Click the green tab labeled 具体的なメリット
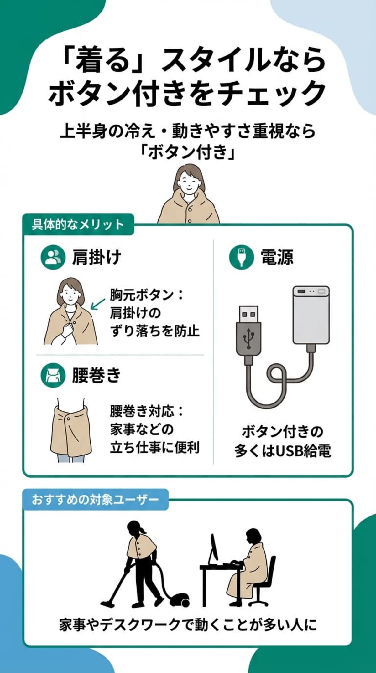point(78,225)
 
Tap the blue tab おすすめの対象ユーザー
point(95,499)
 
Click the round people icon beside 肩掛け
point(53,257)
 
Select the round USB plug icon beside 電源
point(241,257)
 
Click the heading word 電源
point(277,257)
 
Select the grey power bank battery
point(311,315)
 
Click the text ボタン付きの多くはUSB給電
point(282,441)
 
